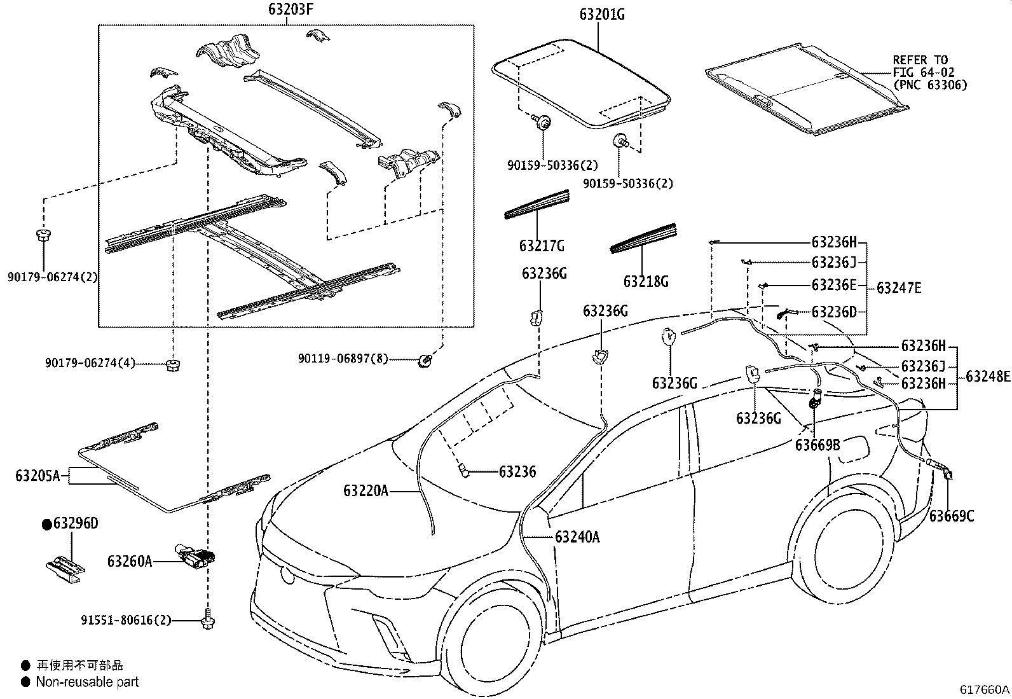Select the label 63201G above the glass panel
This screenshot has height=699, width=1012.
pos(601,14)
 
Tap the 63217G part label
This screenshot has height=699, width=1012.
pos(542,246)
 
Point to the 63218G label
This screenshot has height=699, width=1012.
pos(646,280)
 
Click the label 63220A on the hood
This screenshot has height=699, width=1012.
pos(366,490)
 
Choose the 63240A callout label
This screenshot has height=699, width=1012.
pos(577,537)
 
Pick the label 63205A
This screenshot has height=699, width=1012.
pos(38,475)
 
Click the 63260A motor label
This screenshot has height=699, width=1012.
pos(130,561)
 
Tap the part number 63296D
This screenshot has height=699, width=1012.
pos(76,523)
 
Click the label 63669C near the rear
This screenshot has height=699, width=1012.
pos(951,516)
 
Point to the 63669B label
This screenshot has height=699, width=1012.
pos(817,445)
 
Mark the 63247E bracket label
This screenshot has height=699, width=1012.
pos(899,288)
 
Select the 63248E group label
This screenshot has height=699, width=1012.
pos(988,377)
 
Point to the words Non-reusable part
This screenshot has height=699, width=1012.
pos(87,682)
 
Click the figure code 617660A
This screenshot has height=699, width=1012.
pos(985,689)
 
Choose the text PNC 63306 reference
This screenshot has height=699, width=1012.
pos(930,85)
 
